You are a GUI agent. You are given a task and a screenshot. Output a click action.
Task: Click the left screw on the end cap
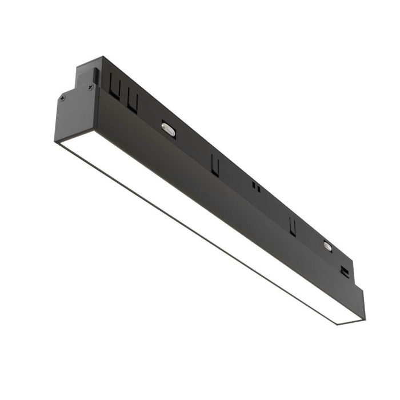pos(63,98)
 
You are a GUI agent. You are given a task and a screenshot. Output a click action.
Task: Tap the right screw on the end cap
pos(90,87)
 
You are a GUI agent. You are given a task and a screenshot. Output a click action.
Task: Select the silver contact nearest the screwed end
pos(168,129)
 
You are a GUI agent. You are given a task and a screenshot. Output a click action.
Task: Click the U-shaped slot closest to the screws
pos(114,91)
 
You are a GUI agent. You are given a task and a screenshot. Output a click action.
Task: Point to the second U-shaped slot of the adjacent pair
pos(133,102)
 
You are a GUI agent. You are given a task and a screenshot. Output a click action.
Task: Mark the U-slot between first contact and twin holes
pos(215,165)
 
